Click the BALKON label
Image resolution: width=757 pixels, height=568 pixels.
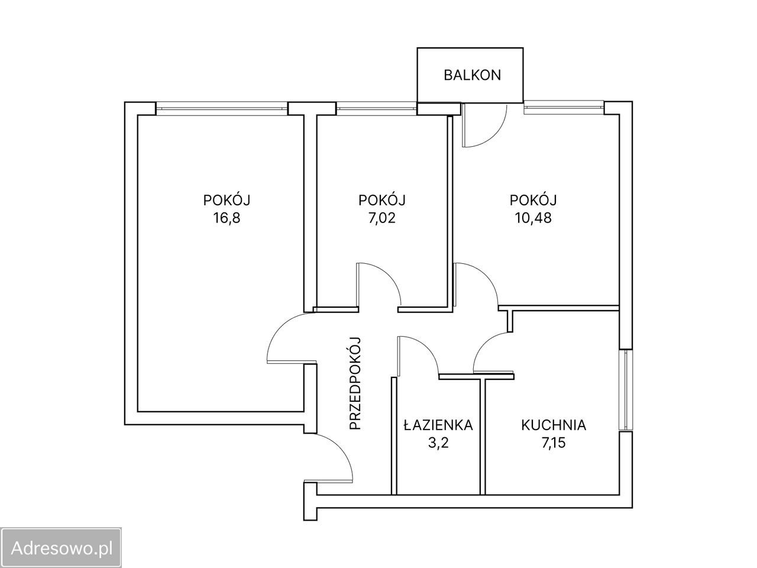coord(473,75)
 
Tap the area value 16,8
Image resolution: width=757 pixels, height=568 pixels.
coord(231,217)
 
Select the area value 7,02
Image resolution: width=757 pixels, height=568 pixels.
coord(381,217)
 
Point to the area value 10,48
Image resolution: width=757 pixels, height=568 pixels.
coord(533,217)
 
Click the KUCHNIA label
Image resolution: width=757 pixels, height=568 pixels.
coord(553,425)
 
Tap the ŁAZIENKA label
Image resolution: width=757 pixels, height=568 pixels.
coord(438,425)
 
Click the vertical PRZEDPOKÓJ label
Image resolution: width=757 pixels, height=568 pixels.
coord(355,383)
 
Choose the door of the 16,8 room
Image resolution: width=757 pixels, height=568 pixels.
coord(287,337)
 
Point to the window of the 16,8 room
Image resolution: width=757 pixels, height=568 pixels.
coord(222,108)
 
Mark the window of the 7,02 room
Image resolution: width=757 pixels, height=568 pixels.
coord(376,108)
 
